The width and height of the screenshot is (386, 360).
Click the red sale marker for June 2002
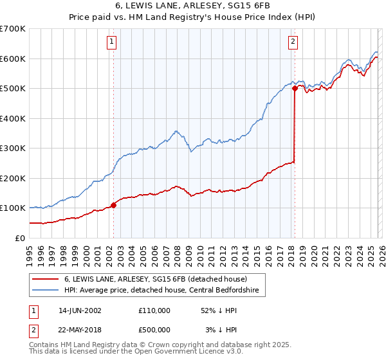click(x=114, y=205)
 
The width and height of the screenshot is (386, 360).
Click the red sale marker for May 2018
click(x=295, y=89)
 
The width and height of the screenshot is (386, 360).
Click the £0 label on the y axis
click(x=20, y=238)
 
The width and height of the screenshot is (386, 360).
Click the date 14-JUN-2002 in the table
click(x=80, y=310)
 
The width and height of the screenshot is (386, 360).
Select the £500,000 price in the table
click(x=154, y=330)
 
